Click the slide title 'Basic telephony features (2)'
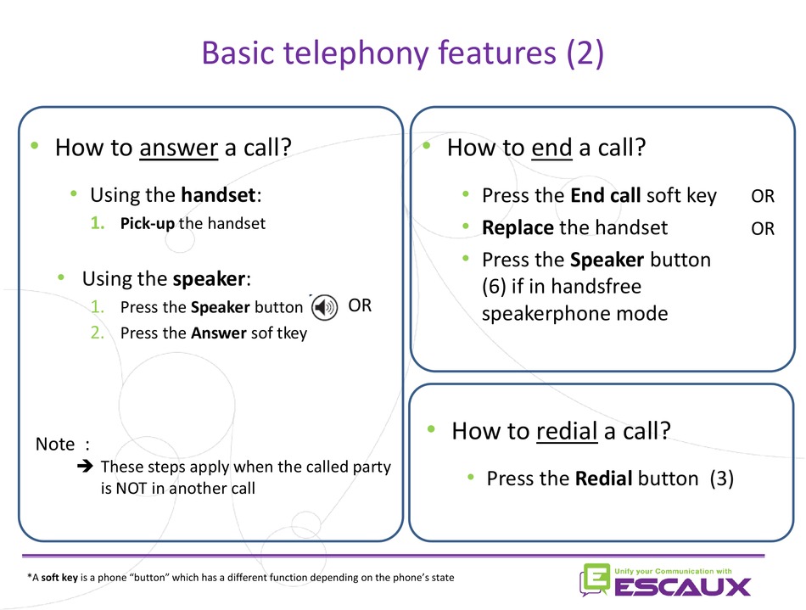[402, 53]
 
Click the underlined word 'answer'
[178, 148]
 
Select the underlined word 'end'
[551, 148]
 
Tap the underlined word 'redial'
[567, 431]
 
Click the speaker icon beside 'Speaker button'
[324, 307]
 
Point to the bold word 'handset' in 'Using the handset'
[218, 195]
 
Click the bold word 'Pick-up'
[147, 223]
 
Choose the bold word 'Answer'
[219, 333]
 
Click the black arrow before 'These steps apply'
[86, 466]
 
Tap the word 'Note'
[55, 444]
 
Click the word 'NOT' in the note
[131, 488]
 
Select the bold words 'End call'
[606, 196]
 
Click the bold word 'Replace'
[518, 227]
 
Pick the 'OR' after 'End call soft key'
[763, 196]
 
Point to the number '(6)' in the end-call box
[494, 286]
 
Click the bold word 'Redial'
[603, 478]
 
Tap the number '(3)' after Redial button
[722, 478]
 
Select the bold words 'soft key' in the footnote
[59, 578]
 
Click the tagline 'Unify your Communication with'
[673, 571]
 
